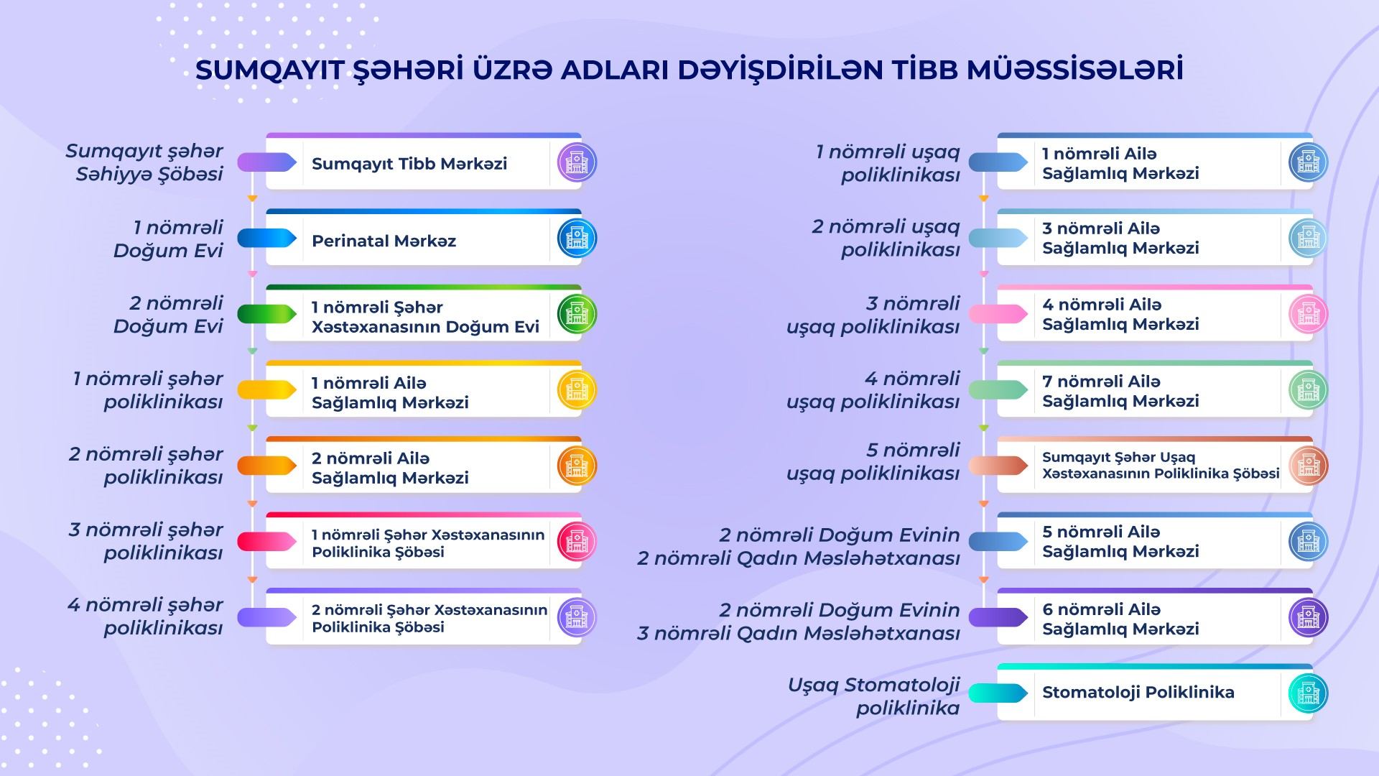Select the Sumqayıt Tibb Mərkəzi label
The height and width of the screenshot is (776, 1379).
(409, 164)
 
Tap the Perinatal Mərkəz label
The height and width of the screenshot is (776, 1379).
(384, 241)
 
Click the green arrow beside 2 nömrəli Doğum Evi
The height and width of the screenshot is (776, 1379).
(267, 314)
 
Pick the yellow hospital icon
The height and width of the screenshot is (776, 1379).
(577, 390)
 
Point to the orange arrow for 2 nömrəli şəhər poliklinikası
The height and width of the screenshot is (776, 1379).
(267, 466)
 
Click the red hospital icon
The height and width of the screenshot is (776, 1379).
(577, 542)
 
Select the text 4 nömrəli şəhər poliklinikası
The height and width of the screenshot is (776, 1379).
(146, 616)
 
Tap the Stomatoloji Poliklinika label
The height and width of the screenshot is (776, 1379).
(1138, 693)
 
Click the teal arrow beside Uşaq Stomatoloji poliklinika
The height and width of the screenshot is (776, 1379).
(998, 693)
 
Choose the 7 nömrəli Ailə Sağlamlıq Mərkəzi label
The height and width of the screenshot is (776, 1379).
(1120, 391)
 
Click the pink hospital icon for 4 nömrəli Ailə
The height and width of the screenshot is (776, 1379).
(1308, 314)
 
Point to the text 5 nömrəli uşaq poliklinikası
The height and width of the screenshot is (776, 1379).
(873, 462)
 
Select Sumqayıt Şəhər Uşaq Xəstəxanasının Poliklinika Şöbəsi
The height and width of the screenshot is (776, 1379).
(1161, 466)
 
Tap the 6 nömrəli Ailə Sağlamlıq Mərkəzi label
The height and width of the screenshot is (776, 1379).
(1120, 619)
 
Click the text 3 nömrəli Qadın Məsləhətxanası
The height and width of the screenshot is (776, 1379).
(799, 634)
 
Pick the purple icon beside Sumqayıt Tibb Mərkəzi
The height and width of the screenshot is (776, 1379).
(577, 162)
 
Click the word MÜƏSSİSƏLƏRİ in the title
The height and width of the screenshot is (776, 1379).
(1075, 70)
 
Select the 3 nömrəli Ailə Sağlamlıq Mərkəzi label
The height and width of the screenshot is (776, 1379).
(1120, 238)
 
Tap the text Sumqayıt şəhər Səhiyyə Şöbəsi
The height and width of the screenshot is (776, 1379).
(144, 162)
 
